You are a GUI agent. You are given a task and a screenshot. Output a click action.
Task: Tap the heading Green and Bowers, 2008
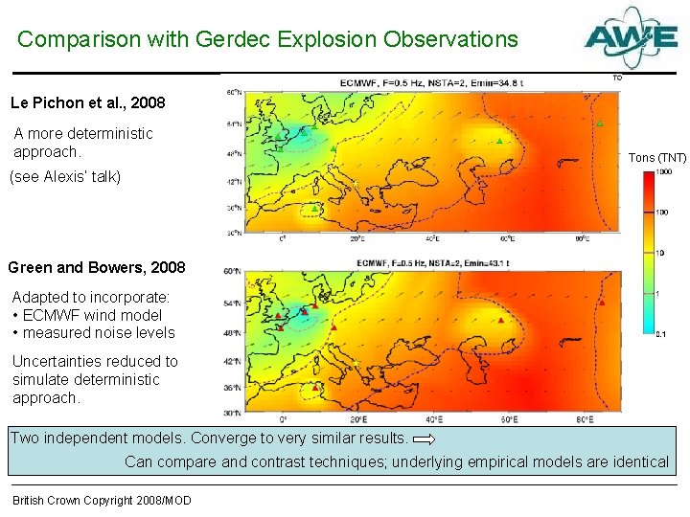(x=97, y=267)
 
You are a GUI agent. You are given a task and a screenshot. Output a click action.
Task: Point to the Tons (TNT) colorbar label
(x=656, y=157)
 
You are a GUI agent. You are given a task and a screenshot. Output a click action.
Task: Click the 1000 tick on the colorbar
(x=663, y=172)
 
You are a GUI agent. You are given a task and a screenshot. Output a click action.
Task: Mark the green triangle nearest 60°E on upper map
(x=498, y=141)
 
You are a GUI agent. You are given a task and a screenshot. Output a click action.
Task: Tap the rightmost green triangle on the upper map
(x=599, y=124)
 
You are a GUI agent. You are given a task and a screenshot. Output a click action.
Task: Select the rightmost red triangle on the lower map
(x=601, y=303)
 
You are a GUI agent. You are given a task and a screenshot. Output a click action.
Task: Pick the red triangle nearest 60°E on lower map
(x=500, y=321)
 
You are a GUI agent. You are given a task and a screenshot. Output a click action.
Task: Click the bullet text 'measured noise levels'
(x=99, y=333)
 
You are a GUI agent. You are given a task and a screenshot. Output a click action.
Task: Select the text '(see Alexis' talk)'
(x=65, y=177)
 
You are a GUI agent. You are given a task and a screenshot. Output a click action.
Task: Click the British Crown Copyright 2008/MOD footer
(x=102, y=501)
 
